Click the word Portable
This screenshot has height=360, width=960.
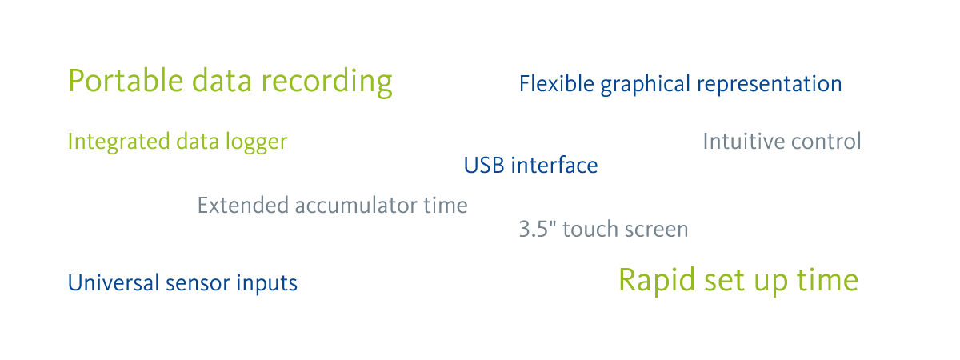tap(126, 80)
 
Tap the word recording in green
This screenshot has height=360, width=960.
tap(326, 82)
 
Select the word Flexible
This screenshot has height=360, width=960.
tap(557, 83)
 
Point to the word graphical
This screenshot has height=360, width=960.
tap(645, 85)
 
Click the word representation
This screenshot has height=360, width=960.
tap(770, 84)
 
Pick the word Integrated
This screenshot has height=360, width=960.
tap(118, 142)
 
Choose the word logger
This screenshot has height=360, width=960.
tap(256, 142)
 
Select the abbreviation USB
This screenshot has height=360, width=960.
tap(484, 166)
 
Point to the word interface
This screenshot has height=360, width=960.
tap(554, 165)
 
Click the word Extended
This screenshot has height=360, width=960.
tap(242, 205)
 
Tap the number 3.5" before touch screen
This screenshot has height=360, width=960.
tap(538, 229)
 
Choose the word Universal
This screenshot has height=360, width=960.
tap(113, 283)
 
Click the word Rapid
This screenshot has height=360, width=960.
tap(657, 281)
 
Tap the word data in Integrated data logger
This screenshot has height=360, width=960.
tap(198, 142)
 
